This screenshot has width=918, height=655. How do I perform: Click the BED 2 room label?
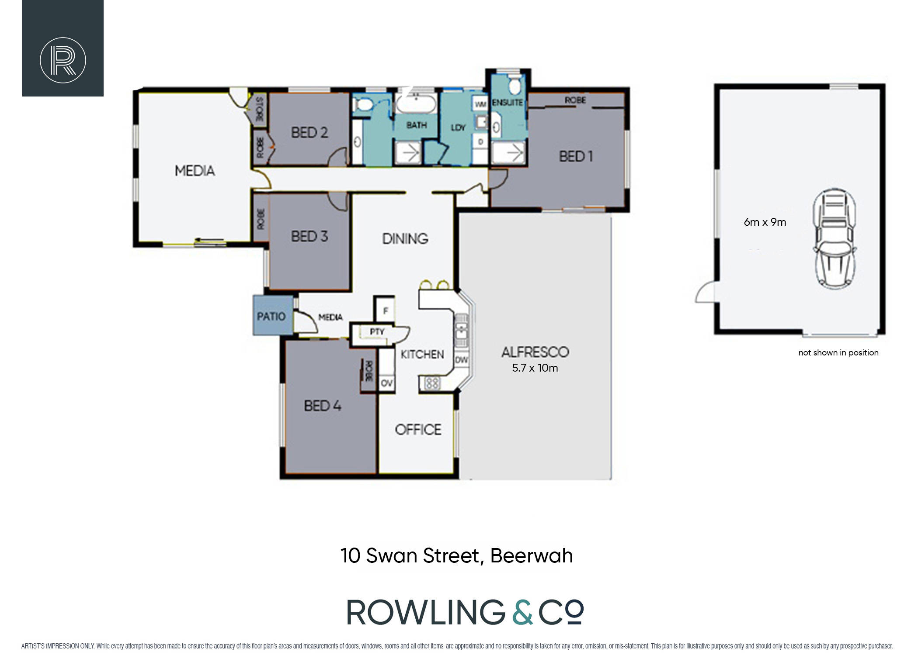[x=309, y=132]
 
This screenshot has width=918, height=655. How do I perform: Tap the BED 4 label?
[x=323, y=406]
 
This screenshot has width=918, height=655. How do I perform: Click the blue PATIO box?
[x=273, y=316]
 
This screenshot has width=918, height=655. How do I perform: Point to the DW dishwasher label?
[x=462, y=360]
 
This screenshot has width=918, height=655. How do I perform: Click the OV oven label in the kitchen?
[x=387, y=383]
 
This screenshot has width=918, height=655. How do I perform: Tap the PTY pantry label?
[x=377, y=332]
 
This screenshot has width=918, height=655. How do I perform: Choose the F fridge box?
[x=386, y=310]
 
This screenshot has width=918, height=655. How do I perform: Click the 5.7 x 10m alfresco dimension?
[x=535, y=368]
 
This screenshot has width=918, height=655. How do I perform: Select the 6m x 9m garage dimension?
[x=765, y=222]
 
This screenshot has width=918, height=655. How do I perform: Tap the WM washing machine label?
[x=480, y=104]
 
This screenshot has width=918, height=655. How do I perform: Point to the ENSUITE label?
[x=507, y=103]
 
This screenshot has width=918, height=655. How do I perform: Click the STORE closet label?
[x=259, y=109]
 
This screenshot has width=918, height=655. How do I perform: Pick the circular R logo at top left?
[x=63, y=60]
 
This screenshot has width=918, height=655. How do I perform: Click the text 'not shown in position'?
[x=838, y=353]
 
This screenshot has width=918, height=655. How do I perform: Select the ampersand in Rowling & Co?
[x=522, y=612]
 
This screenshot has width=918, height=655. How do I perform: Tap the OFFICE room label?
[x=418, y=430]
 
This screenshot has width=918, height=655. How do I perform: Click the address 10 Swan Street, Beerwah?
[x=456, y=556]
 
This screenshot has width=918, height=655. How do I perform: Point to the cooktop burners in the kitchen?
[x=432, y=383]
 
